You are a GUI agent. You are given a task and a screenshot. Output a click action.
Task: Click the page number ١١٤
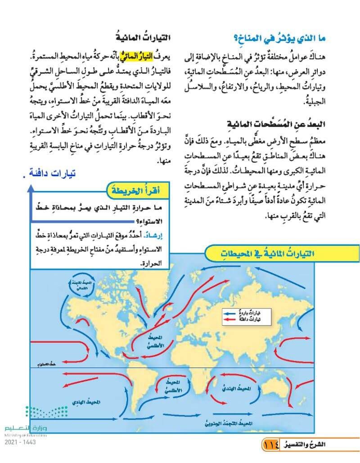272,445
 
